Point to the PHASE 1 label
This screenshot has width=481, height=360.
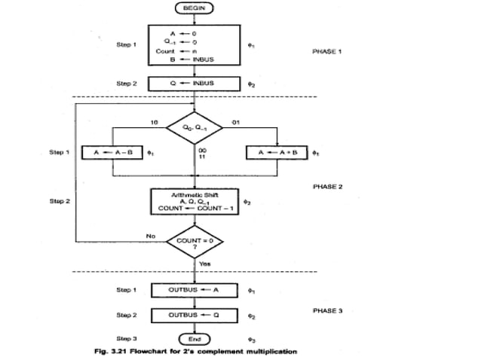click(x=327, y=51)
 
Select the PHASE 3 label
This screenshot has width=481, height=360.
click(x=327, y=310)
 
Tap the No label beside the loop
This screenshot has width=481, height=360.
click(x=151, y=236)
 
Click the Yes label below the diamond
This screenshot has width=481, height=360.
click(x=204, y=263)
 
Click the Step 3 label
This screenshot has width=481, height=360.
click(x=126, y=340)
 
